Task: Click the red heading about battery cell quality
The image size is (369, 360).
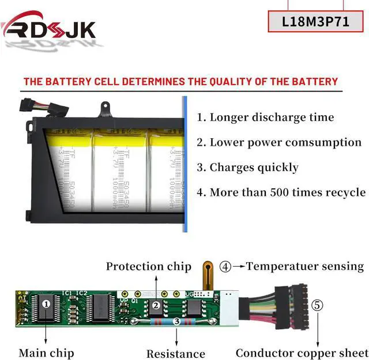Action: coord(180,81)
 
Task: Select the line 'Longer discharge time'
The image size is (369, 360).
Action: coord(265,118)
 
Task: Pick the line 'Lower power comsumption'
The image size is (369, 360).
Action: coord(279,142)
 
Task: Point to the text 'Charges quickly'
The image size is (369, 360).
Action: coord(248,168)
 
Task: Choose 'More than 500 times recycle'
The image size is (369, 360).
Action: coord(281,192)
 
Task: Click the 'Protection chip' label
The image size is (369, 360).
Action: coord(148,266)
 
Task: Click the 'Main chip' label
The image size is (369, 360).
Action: coord(46,352)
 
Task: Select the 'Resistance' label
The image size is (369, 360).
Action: coord(175,353)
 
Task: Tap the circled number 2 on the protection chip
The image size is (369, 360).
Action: coord(155,306)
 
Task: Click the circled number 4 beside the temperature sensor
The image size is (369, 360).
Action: coord(226,267)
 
